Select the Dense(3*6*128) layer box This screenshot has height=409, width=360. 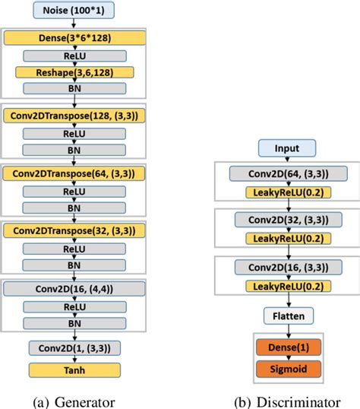[74, 37]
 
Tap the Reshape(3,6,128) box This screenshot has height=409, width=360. [74, 72]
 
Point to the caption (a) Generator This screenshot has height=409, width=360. [74, 398]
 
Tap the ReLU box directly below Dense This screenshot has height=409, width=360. [74, 55]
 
